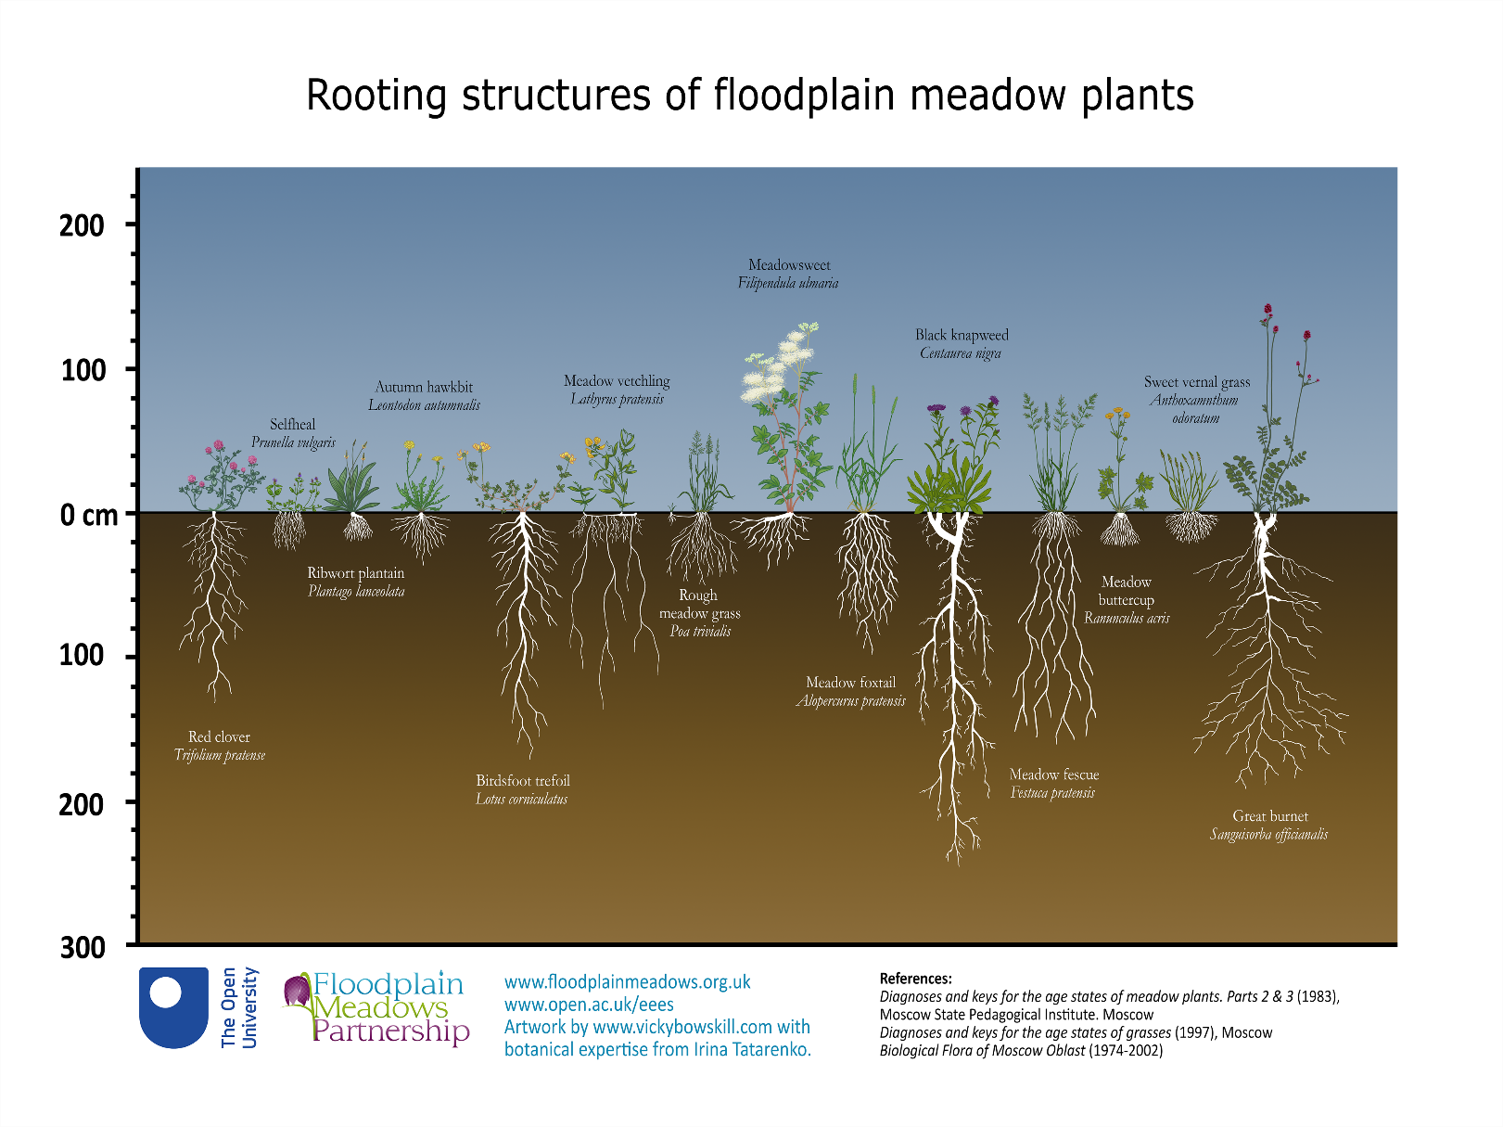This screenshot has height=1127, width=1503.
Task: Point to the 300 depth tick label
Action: pyautogui.click(x=83, y=947)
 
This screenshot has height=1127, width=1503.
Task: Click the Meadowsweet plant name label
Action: pyautogui.click(x=789, y=265)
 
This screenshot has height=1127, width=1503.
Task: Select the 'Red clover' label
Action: pyautogui.click(x=219, y=737)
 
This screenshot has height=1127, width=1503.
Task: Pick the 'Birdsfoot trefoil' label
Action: pyautogui.click(x=523, y=781)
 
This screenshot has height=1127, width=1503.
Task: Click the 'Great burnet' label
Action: pyautogui.click(x=1270, y=816)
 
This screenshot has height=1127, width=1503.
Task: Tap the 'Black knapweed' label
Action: pyautogui.click(x=962, y=335)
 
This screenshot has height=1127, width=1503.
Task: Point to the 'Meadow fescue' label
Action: pyautogui.click(x=1054, y=775)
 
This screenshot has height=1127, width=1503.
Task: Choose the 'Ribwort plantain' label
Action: pyautogui.click(x=356, y=573)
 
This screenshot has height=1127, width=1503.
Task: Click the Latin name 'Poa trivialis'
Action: pyautogui.click(x=700, y=632)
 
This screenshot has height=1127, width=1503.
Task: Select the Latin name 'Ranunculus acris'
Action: pyautogui.click(x=1127, y=619)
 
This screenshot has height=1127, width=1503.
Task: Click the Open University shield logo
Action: pyautogui.click(x=173, y=1007)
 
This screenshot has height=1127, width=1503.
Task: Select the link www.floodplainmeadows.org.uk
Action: pyautogui.click(x=627, y=982)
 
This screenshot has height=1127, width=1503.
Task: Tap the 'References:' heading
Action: pyautogui.click(x=915, y=979)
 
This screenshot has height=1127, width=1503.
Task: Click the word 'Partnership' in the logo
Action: pyautogui.click(x=390, y=1031)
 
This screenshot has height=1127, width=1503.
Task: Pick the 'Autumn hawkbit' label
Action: pyautogui.click(x=424, y=387)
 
